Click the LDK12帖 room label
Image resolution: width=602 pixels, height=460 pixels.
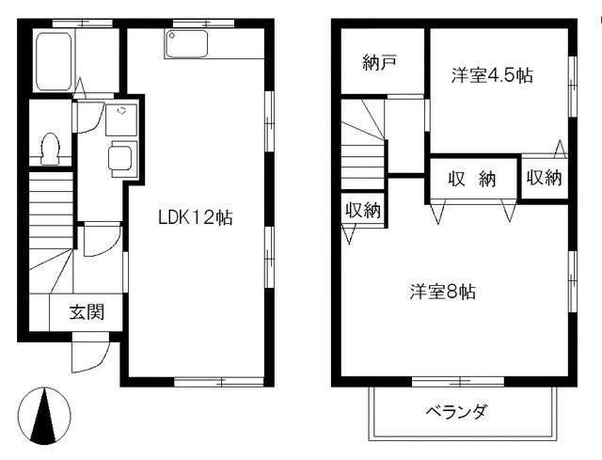click(195, 217)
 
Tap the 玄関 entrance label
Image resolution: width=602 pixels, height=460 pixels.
click(86, 314)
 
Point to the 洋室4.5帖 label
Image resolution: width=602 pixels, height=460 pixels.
click(491, 76)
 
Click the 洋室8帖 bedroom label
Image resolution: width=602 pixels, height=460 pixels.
click(442, 292)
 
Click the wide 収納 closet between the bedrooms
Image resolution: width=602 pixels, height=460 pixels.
click(472, 181)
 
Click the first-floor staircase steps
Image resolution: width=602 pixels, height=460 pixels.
click(49, 212)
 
